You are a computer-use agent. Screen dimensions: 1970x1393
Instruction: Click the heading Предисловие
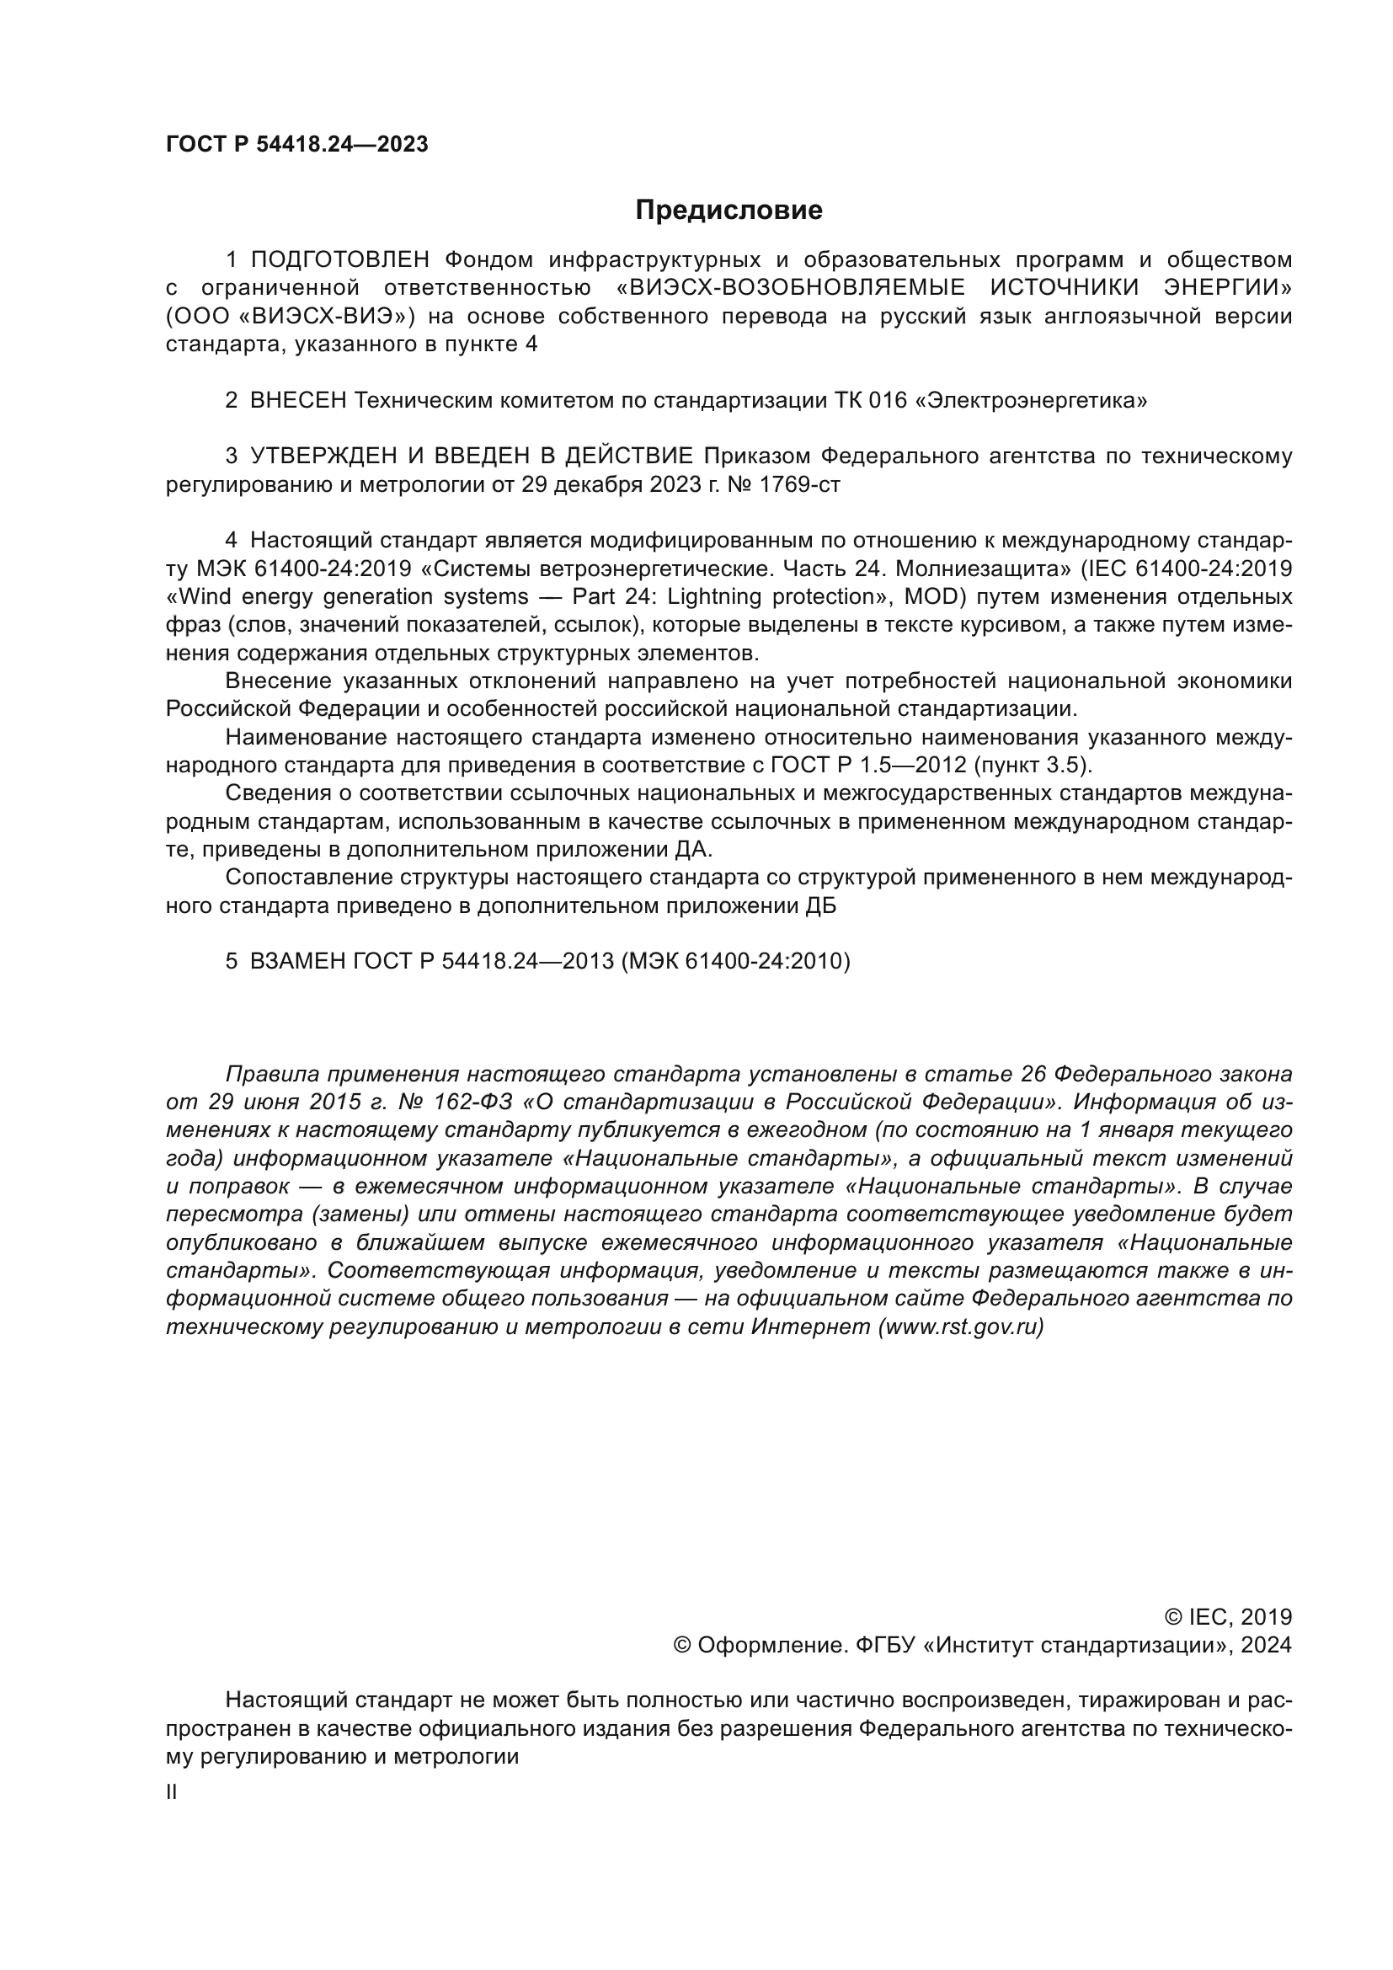[729, 211]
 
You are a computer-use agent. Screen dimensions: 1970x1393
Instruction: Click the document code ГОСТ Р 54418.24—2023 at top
[296, 145]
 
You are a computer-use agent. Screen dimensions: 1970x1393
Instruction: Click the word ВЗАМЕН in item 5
[298, 961]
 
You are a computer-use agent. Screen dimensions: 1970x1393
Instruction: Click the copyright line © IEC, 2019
[1228, 1617]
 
